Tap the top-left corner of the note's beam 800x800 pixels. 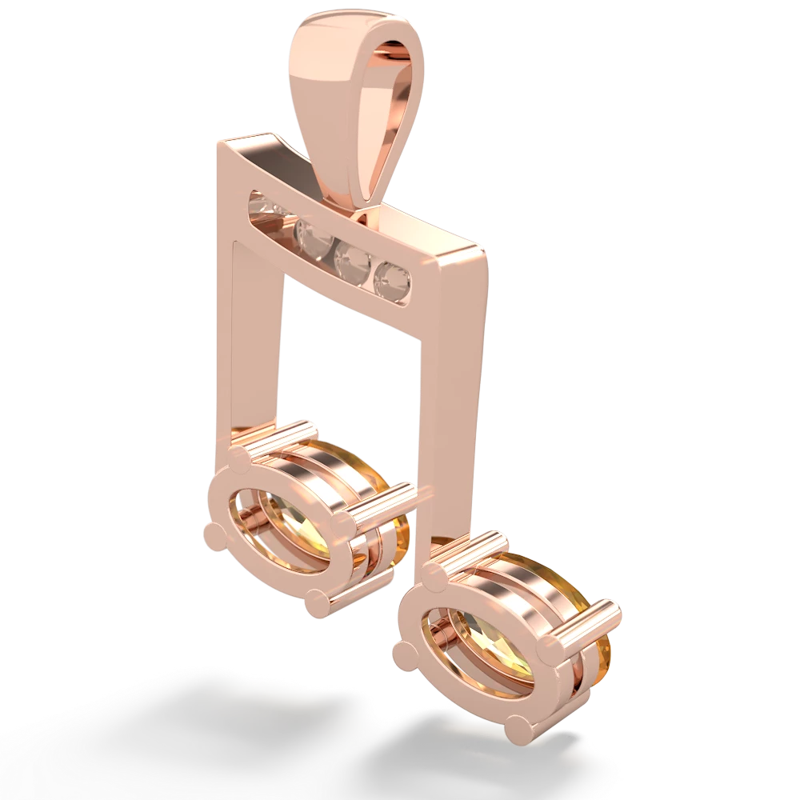(220, 144)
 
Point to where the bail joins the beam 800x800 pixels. (364, 212)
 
